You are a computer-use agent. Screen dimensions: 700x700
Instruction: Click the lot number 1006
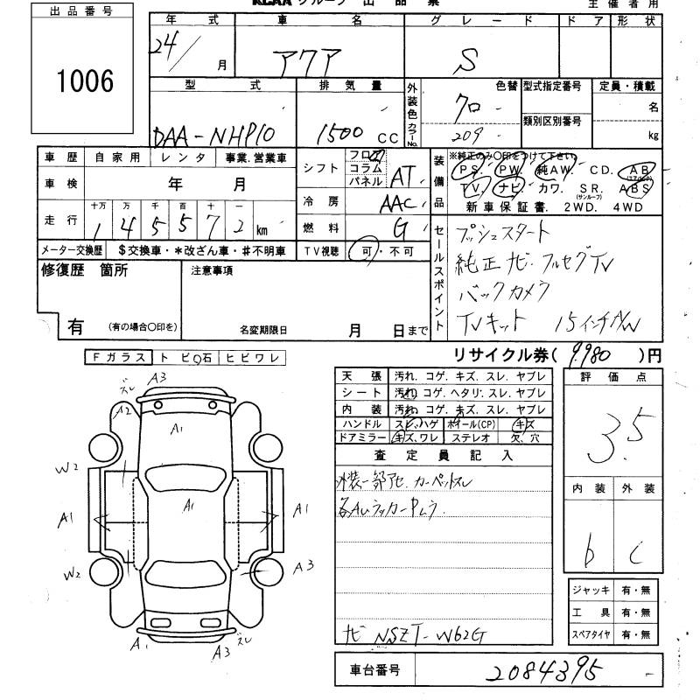pyautogui.click(x=85, y=82)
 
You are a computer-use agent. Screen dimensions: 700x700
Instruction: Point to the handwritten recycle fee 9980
pyautogui.click(x=603, y=354)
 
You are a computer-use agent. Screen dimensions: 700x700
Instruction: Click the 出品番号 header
pyautogui.click(x=85, y=11)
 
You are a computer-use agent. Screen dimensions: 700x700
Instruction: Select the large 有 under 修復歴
pyautogui.click(x=75, y=326)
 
